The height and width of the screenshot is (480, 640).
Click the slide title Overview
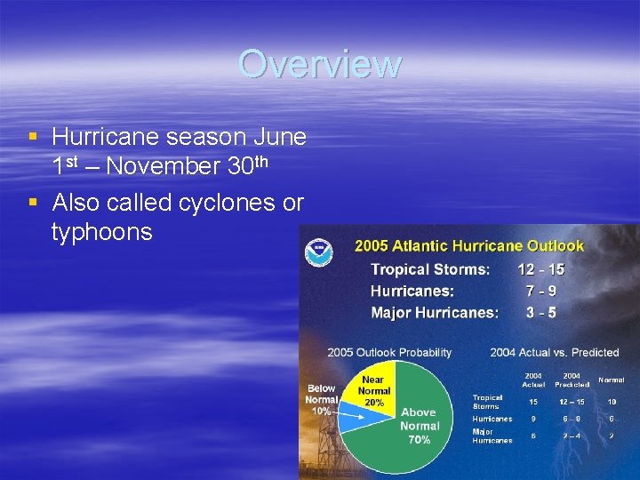point(319,64)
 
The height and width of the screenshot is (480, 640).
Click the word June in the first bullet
point(280,137)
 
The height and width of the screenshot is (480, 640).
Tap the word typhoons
point(102,233)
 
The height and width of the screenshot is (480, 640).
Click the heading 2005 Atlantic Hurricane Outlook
point(469,245)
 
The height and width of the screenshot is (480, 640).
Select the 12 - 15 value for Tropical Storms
point(540,269)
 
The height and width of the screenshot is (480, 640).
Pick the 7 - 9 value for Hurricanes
point(540,291)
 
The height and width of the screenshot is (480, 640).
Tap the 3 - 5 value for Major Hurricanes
point(540,312)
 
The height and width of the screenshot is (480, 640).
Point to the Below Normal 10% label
point(321,400)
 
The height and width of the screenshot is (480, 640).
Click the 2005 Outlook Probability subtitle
point(389,352)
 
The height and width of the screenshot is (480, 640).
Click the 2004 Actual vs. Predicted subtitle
point(553,352)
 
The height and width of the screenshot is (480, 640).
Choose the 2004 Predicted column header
point(572,380)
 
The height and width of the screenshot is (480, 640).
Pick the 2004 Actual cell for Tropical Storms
point(533,402)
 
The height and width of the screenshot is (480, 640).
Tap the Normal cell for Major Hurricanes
point(611,436)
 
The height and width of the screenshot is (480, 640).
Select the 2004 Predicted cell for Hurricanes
point(572,419)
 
